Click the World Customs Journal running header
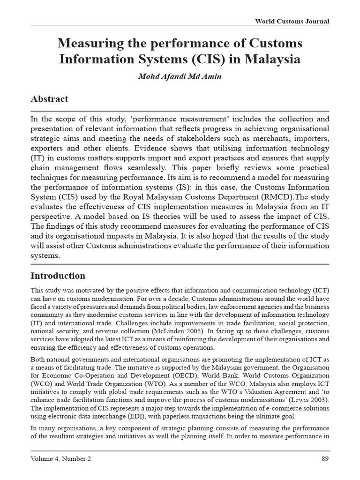[292, 22]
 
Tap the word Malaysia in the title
[276, 60]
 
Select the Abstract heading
[49, 99]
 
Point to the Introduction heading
[58, 276]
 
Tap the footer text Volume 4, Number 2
[60, 459]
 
